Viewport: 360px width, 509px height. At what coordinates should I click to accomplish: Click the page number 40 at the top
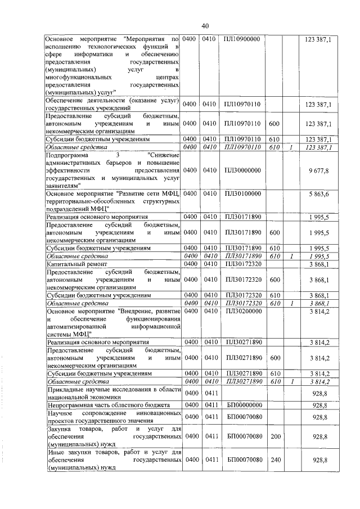coord(205,25)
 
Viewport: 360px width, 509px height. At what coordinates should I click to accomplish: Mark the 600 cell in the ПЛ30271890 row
coord(274,358)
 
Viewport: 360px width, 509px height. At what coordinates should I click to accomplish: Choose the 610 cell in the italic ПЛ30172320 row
coord(274,303)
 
